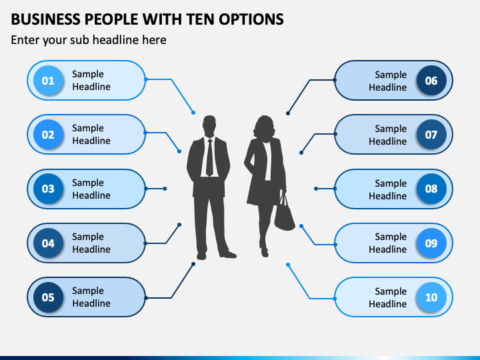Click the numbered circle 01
(48, 81)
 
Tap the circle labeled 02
(48, 135)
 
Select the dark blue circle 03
(48, 189)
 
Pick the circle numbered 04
(48, 243)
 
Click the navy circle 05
(48, 297)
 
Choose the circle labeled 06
(431, 81)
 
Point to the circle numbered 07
(431, 135)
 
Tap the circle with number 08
(431, 189)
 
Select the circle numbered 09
(431, 243)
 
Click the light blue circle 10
(431, 297)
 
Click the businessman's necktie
(210, 157)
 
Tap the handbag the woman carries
(284, 213)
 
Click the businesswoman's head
(264, 127)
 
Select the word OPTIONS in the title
(251, 19)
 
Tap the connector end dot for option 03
(165, 189)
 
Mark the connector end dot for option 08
(316, 189)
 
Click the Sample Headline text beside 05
(91, 297)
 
